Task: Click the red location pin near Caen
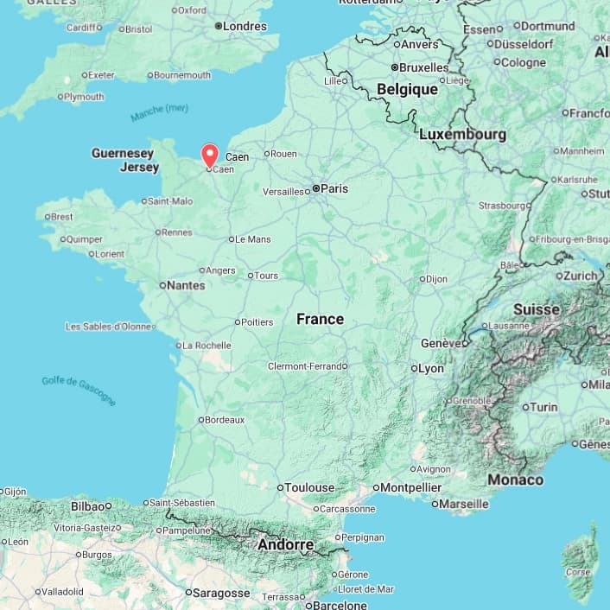pyautogui.click(x=209, y=154)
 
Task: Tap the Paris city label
pyautogui.click(x=334, y=188)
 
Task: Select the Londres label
pyautogui.click(x=245, y=26)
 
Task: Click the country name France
pyautogui.click(x=320, y=319)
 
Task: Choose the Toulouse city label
pyautogui.click(x=309, y=487)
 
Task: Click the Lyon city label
pyautogui.click(x=430, y=368)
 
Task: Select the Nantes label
pyautogui.click(x=186, y=285)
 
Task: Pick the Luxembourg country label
pyautogui.click(x=462, y=135)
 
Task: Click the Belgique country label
pyautogui.click(x=407, y=89)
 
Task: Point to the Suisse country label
pyautogui.click(x=537, y=309)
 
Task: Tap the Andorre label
pyautogui.click(x=285, y=545)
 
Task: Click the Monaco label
pyautogui.click(x=516, y=480)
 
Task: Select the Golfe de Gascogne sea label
pyautogui.click(x=78, y=391)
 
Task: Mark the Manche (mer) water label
pyautogui.click(x=159, y=112)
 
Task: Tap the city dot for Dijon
pyautogui.click(x=423, y=279)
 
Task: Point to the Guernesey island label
pyautogui.click(x=122, y=153)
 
